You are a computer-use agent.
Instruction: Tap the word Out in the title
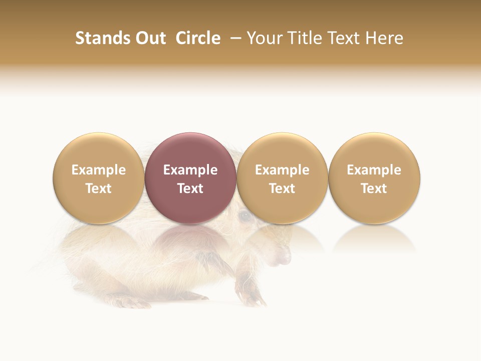click(x=149, y=38)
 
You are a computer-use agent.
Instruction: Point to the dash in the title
click(x=233, y=39)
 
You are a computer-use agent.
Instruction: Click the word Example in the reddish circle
click(x=190, y=170)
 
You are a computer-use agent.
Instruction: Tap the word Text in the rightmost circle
click(x=374, y=189)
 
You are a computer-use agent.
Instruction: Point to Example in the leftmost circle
click(x=99, y=170)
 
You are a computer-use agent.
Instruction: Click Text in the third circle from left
click(x=282, y=189)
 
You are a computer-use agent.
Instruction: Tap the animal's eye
click(x=245, y=216)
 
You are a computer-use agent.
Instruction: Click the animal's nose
click(x=285, y=258)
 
